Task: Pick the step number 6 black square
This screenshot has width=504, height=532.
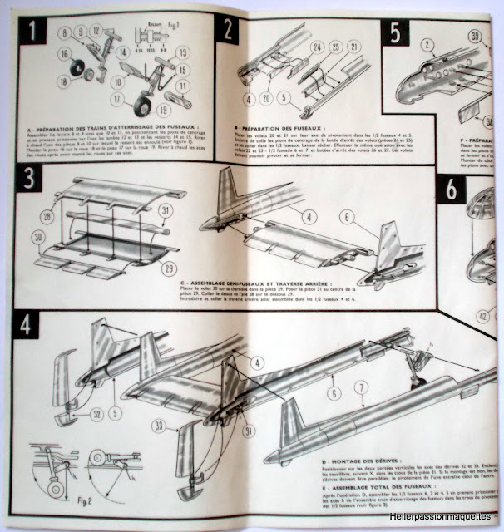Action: (450, 191)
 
